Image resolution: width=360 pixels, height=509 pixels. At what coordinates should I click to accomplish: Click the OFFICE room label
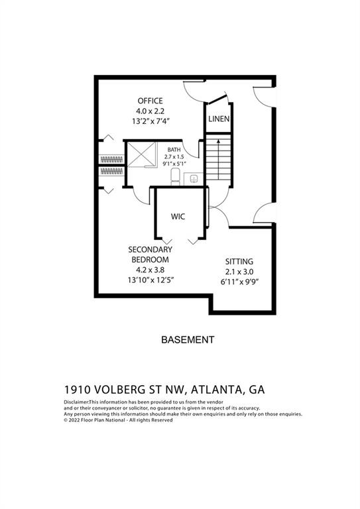tap(150, 101)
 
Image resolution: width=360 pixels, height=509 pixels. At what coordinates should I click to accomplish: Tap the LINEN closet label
tap(219, 119)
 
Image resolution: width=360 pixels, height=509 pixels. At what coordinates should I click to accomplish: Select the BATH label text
tap(173, 150)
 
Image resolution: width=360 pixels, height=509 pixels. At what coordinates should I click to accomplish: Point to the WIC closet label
tap(178, 217)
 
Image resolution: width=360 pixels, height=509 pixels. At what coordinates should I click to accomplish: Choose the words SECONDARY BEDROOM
tap(150, 254)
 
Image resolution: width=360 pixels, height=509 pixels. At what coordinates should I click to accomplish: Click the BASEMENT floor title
tap(188, 339)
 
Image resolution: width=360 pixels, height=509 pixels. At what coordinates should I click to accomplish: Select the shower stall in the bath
tap(141, 155)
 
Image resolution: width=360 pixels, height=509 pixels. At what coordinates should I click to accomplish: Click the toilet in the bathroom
tap(176, 176)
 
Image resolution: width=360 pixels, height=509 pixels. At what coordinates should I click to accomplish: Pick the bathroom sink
tap(194, 178)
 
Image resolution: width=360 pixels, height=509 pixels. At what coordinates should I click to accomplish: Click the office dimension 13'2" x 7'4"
tap(150, 122)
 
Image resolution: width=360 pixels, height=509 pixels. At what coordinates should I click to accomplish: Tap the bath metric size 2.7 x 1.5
tap(173, 156)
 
